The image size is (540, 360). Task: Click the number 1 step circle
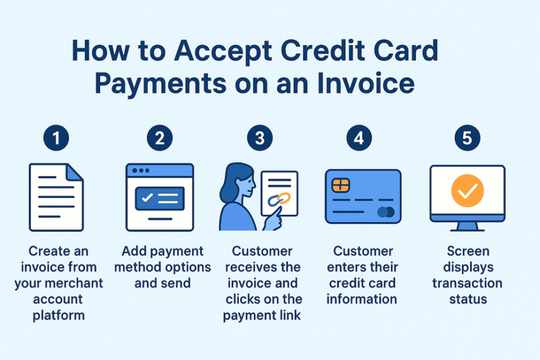[56, 138]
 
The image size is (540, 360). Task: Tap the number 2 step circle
[159, 138]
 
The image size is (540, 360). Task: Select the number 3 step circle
[260, 138]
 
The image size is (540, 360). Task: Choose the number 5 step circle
[466, 138]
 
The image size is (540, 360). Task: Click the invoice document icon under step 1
[56, 197]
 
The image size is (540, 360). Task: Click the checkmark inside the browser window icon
[148, 198]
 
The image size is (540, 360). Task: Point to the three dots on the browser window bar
[139, 171]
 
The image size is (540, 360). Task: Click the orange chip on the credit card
[340, 185]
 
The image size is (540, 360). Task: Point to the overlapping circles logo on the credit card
[385, 212]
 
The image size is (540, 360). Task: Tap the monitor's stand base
[466, 228]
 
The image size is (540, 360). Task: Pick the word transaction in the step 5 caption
[466, 283]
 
